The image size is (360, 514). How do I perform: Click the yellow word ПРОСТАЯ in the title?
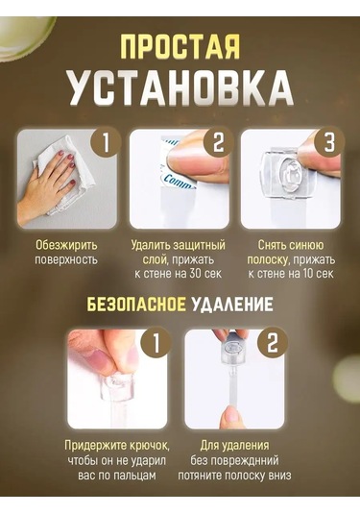(180, 46)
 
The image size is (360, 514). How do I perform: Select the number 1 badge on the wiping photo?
(107, 142)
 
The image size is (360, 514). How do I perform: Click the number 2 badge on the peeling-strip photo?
(219, 142)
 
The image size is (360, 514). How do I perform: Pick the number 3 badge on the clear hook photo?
(329, 142)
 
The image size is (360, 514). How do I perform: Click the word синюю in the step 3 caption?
(304, 245)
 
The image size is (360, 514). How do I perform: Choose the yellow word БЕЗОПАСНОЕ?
(136, 305)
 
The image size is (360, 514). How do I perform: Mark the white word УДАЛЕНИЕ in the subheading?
(232, 305)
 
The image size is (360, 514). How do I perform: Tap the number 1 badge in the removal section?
(156, 343)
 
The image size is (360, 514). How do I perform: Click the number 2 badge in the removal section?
(273, 343)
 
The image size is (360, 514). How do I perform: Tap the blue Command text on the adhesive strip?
(178, 182)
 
